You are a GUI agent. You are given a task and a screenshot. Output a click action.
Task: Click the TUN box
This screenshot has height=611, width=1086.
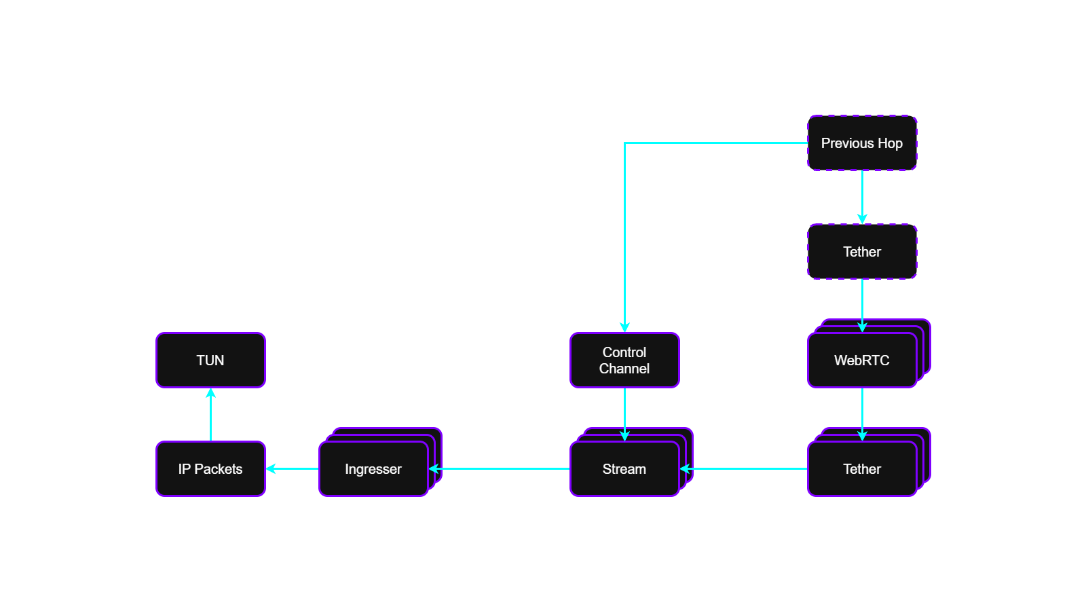[210, 360]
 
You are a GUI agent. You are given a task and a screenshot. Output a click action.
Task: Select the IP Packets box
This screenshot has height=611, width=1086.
[210, 469]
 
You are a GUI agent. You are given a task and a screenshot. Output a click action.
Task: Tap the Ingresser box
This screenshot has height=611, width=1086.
[373, 469]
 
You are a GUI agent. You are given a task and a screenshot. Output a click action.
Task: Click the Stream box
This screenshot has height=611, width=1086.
[624, 469]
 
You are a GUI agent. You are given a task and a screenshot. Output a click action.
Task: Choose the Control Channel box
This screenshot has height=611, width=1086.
[624, 360]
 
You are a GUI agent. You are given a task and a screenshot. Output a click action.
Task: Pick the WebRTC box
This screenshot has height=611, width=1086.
[862, 360]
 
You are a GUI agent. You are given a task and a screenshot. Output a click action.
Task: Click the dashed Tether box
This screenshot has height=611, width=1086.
[862, 252]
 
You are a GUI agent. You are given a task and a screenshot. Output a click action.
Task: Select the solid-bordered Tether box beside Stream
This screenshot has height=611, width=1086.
[862, 469]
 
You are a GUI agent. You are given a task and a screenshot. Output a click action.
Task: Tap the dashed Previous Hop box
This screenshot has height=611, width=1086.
[862, 143]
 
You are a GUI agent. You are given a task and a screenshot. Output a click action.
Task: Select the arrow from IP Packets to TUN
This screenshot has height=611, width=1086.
[210, 415]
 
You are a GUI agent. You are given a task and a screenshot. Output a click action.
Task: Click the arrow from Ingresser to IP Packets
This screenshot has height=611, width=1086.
[292, 468]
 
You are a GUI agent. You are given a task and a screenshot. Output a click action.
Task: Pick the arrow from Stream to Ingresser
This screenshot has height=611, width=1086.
[500, 468]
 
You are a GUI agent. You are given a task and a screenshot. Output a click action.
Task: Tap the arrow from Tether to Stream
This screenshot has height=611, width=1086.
[744, 468]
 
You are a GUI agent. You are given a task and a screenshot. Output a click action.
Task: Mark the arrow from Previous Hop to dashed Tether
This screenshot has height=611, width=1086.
[862, 197]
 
